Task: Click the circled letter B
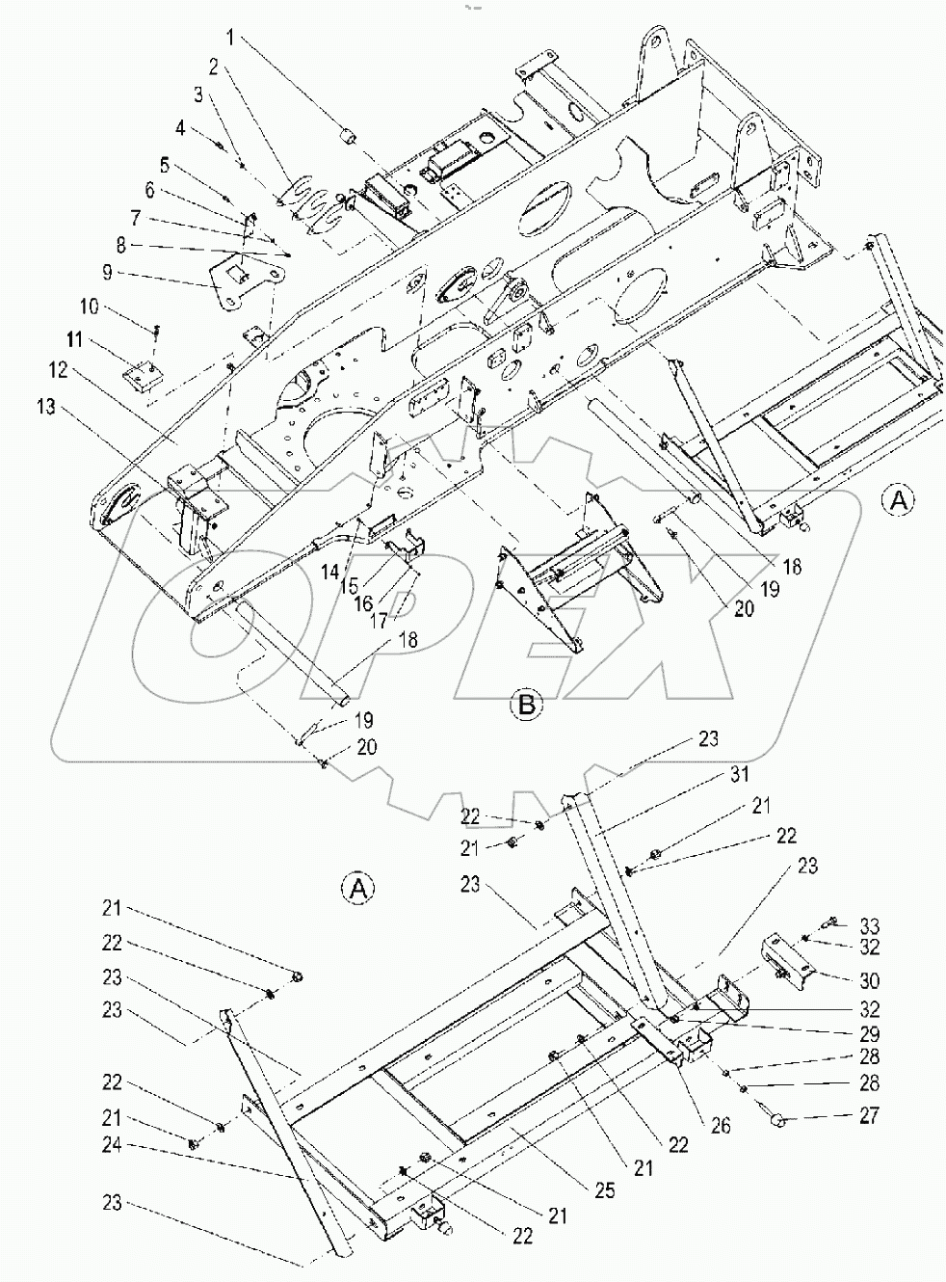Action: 526,705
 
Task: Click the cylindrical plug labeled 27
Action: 780,1121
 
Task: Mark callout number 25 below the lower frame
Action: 603,1191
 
